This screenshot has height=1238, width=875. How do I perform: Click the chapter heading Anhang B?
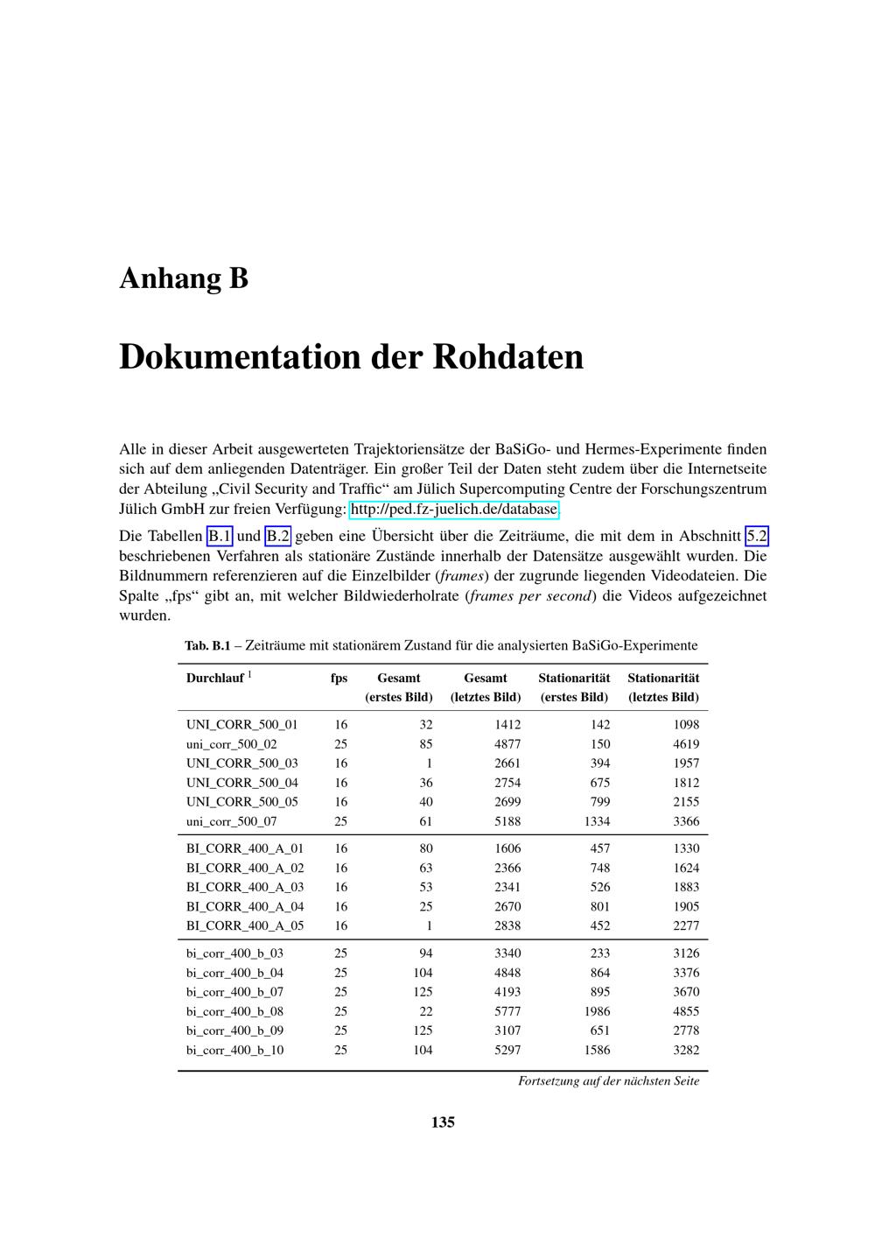184,278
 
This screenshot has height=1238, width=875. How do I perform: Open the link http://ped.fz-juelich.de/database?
454,510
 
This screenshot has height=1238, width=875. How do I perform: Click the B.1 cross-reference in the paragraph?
220,537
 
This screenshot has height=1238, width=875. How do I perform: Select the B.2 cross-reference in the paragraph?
277,537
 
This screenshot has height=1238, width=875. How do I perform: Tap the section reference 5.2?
756,537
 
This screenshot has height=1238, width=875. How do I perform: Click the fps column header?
339,678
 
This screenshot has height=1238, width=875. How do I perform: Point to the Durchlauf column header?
215,678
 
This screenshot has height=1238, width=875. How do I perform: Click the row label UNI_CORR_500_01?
241,725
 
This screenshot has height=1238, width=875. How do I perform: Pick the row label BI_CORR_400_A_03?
245,887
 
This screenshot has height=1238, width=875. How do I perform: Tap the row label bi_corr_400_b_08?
234,1011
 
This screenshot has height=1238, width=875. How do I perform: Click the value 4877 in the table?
507,744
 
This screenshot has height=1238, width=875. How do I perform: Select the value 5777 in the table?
507,1011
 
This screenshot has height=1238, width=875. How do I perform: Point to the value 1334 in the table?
595,821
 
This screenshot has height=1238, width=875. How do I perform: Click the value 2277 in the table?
686,925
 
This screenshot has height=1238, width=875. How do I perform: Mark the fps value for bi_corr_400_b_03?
340,953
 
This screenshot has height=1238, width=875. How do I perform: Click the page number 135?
443,1122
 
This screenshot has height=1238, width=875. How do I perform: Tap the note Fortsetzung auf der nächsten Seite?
608,1081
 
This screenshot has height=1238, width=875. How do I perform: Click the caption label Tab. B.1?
206,646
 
